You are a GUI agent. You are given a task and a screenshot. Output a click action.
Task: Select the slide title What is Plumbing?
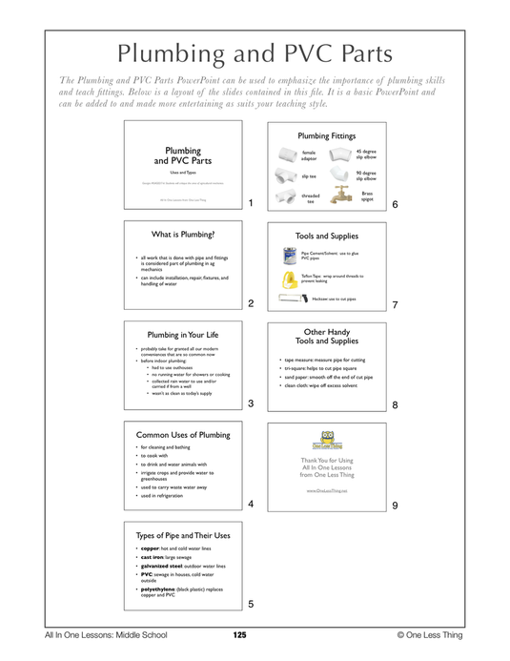pos(183,234)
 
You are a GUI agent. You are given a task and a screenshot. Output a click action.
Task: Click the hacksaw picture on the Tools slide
pos(295,299)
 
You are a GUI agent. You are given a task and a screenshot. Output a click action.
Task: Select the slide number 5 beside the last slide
pos(250,604)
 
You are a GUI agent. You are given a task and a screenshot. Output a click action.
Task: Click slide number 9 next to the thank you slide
pos(394,505)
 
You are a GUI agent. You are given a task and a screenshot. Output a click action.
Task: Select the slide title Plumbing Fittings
pos(326,136)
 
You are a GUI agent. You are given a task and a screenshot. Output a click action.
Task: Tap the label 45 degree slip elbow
pos(366,154)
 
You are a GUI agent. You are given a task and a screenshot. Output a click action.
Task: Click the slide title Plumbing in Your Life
pos(183,335)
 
